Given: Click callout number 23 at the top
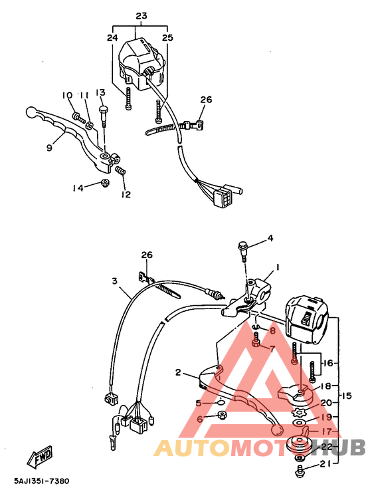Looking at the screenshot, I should click(141, 16).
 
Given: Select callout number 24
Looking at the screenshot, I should click(112, 38).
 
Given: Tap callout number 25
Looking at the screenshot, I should click(167, 38).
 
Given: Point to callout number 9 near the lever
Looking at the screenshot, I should click(49, 148).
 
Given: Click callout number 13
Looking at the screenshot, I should click(101, 92).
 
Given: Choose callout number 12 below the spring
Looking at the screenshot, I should click(126, 195).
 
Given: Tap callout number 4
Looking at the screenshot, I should click(270, 238).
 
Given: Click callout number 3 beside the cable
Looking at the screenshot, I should click(115, 282).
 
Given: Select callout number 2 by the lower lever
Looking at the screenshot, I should click(178, 372).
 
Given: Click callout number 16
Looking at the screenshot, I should click(327, 363).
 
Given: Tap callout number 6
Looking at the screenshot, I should click(199, 420).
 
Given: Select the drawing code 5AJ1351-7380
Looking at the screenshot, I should click(41, 481).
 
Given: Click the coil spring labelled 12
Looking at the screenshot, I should click(121, 172).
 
